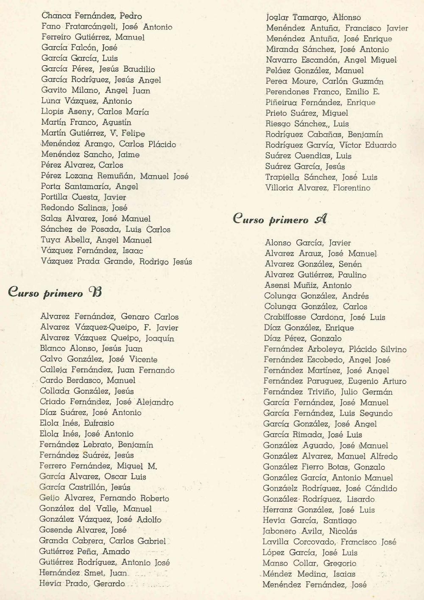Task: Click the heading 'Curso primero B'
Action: click(55, 292)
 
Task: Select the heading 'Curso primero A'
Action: click(280, 219)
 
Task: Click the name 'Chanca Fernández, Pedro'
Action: click(92, 16)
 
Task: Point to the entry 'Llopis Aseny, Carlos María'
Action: click(95, 112)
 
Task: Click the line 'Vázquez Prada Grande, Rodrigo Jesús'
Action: click(116, 261)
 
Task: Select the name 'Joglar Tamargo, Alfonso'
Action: click(313, 18)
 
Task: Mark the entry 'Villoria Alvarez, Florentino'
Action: click(318, 188)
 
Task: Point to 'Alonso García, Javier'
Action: click(308, 243)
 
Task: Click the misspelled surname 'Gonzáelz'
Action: click(281, 488)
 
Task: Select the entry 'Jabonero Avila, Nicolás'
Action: click(310, 531)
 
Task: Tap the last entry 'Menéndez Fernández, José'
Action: click(314, 585)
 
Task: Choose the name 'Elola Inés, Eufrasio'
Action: click(77, 423)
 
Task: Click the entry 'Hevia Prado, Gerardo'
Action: click(82, 583)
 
